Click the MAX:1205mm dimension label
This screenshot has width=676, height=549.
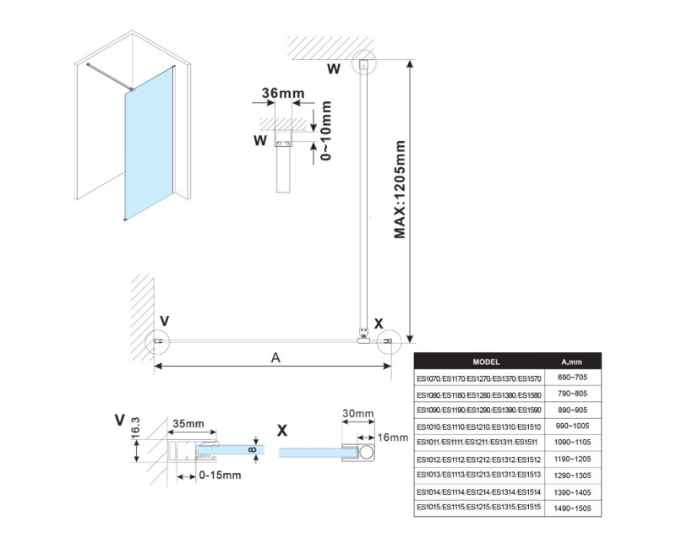pos(400,189)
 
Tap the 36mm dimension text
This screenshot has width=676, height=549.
pos(283,93)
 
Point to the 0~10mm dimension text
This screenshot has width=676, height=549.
pos(326,131)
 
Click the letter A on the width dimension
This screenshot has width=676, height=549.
pos(275,357)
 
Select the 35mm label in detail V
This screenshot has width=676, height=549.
pos(188,424)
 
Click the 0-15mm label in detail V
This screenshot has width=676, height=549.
pos(220,476)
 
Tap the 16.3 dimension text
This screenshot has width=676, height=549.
pos(135,427)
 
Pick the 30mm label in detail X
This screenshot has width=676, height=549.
pos(357,413)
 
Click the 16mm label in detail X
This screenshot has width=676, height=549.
pos(392,438)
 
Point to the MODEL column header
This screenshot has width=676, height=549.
pos(486,362)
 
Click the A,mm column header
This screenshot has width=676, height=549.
pos(572,362)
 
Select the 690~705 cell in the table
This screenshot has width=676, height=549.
pos(573,378)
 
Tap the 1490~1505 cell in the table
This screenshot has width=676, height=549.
pos(573,508)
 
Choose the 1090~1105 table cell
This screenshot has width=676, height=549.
pos(573,443)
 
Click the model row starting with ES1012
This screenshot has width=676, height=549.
pos(478,459)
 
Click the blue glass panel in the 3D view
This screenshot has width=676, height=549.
pos(150,144)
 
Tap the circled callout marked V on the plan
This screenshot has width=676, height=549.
pos(157,341)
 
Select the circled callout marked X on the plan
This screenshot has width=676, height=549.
pos(389,342)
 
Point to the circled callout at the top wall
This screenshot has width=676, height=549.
pos(364,64)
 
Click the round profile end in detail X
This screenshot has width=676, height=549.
pos(367,453)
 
